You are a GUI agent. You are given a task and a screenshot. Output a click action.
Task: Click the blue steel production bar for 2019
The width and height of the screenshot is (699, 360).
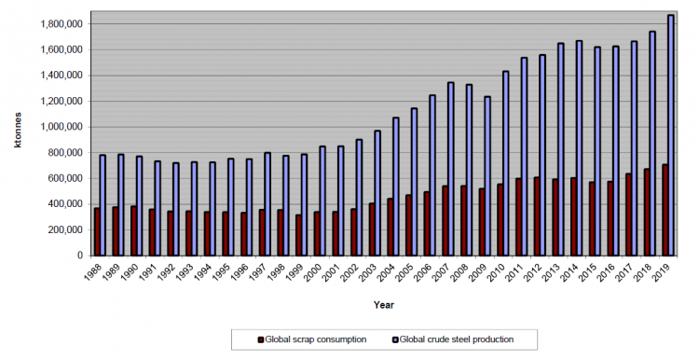pos(670,135)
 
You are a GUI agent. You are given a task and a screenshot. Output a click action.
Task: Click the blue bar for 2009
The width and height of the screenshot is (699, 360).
pos(487,175)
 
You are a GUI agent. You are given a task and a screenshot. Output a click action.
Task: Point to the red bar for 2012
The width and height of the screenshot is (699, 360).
pos(537,216)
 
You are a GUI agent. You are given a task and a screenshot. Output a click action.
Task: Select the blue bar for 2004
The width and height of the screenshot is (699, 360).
pos(395,187)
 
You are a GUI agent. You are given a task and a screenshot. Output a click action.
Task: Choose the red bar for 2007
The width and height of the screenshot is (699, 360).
pos(445,221)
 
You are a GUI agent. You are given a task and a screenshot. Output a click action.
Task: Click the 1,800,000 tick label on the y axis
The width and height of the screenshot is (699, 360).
pos(62,24)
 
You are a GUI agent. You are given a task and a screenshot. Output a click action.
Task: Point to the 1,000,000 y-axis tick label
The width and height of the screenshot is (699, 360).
pos(62,127)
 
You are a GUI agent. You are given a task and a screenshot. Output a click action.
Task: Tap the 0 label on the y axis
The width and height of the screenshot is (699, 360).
pos(80,256)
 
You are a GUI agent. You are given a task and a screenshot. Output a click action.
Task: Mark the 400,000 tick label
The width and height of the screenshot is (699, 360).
pos(65,204)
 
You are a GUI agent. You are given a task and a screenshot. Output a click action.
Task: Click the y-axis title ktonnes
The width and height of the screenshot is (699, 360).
pos(18,131)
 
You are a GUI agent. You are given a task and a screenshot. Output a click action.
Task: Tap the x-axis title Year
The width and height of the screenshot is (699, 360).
pos(384,305)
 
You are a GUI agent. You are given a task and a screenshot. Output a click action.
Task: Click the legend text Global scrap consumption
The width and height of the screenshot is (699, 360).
pos(316,339)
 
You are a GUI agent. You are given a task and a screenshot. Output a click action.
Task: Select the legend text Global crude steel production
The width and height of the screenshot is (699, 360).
pos(457,339)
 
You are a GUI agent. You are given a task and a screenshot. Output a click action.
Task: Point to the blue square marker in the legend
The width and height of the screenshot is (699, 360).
pos(395,339)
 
